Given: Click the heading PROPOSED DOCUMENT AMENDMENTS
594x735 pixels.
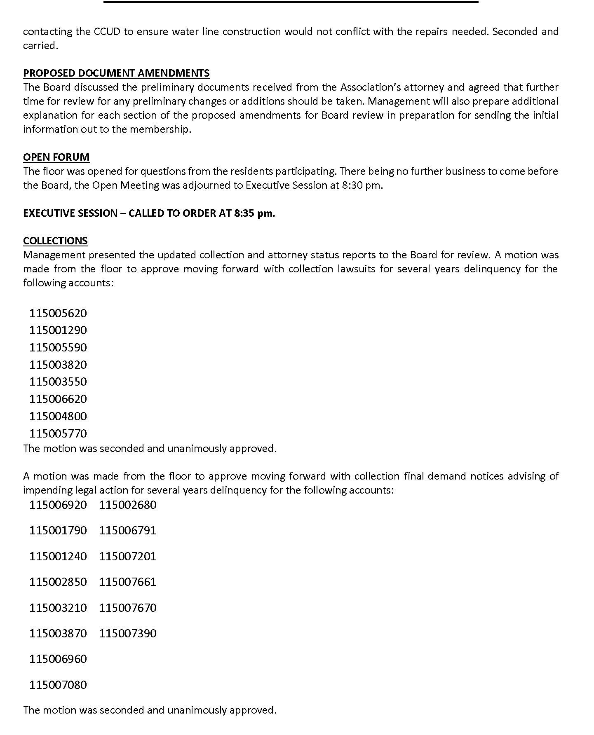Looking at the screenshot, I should click(116, 73).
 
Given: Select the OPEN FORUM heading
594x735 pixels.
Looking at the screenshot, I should click(56, 157).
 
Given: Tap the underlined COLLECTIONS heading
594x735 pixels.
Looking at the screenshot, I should click(55, 241).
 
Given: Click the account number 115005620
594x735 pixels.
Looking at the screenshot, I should click(58, 313).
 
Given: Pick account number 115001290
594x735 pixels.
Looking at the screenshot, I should click(58, 330).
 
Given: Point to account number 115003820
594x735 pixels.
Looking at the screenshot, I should click(58, 365).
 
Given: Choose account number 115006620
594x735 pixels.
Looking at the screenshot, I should click(58, 399).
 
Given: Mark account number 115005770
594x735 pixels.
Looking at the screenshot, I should click(58, 433).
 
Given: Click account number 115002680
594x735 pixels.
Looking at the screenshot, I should click(128, 505).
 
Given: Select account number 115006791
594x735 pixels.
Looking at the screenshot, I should click(128, 530).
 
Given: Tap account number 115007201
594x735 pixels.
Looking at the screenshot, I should click(128, 556).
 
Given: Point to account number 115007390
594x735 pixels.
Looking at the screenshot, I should click(128, 633).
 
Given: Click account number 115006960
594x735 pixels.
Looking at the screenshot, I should click(58, 659).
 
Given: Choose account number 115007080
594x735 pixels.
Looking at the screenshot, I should click(58, 685).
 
